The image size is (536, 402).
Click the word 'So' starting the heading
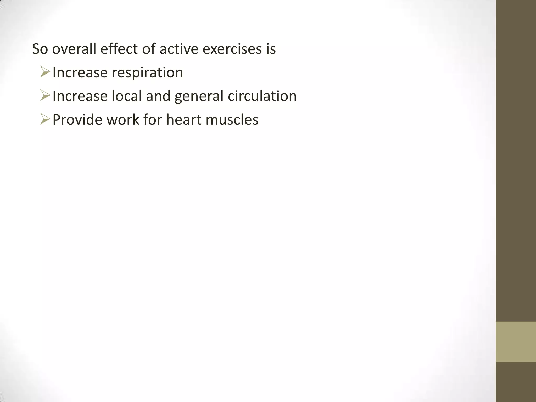(x=40, y=49)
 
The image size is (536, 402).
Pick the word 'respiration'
(x=147, y=73)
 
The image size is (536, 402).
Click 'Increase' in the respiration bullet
(x=80, y=72)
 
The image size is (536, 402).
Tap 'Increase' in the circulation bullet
(x=80, y=96)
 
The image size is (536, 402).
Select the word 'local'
(x=127, y=96)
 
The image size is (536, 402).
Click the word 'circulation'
(x=262, y=96)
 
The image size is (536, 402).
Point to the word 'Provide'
(x=77, y=120)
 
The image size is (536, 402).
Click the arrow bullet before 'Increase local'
(x=45, y=96)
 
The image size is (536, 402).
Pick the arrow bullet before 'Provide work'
(x=45, y=119)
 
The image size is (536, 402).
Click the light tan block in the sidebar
(x=516, y=342)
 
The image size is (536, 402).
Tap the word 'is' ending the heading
(x=271, y=49)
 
